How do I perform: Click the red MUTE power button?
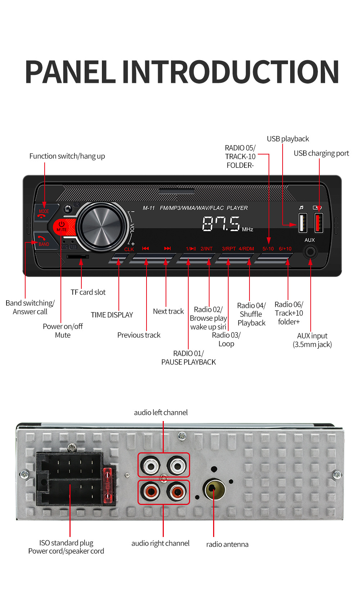(62, 227)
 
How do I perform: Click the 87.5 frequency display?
(221, 224)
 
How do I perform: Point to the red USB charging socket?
(319, 223)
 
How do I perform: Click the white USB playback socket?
(303, 223)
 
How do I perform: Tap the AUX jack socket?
(310, 251)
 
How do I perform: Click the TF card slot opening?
(77, 256)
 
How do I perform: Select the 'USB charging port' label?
(321, 153)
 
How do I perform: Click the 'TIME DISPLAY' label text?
(112, 315)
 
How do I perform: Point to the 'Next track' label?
(168, 311)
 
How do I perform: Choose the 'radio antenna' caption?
(227, 544)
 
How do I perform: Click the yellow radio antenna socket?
(214, 489)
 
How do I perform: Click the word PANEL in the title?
(70, 72)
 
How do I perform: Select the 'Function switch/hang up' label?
(67, 156)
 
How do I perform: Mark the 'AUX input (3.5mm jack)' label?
(312, 340)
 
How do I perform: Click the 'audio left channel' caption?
(161, 412)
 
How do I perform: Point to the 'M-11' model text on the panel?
(148, 208)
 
